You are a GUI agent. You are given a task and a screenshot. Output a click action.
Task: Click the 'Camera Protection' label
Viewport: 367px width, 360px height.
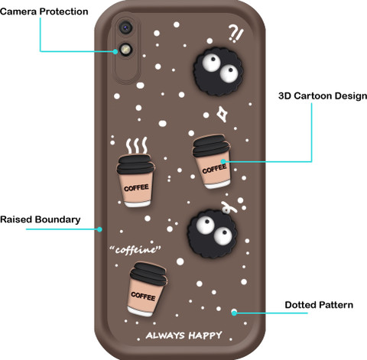(x=44, y=11)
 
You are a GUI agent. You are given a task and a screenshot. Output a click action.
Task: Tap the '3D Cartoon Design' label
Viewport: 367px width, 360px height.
(x=323, y=96)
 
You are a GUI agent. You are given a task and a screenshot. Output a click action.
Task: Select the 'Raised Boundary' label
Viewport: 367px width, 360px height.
(x=41, y=219)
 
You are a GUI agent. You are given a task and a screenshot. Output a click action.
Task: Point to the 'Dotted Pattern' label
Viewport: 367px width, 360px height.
(x=319, y=305)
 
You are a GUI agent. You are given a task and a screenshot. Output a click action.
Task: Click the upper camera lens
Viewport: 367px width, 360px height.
(x=125, y=27)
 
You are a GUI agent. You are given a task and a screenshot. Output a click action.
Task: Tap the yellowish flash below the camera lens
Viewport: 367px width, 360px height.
(x=125, y=50)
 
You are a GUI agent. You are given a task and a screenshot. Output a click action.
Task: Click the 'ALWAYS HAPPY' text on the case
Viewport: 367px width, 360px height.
(x=183, y=336)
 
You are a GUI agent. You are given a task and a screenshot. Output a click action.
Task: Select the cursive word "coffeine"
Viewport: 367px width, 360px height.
(x=135, y=250)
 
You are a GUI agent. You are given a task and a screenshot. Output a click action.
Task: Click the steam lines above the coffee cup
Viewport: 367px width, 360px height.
(x=137, y=145)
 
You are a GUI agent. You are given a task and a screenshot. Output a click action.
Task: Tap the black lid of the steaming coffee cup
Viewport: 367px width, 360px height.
(x=135, y=164)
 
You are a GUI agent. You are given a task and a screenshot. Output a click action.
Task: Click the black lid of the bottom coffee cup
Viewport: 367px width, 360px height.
(x=148, y=274)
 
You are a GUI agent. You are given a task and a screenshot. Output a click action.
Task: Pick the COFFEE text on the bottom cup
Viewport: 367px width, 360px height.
(x=143, y=296)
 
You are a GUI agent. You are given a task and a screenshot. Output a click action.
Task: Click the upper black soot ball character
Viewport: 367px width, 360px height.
(x=217, y=72)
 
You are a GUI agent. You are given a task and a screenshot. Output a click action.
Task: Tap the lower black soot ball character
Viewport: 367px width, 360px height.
(x=212, y=233)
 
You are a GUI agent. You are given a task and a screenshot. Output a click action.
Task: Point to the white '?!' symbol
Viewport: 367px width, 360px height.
(x=235, y=33)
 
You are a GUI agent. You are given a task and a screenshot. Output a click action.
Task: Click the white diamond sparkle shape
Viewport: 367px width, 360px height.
(x=222, y=114)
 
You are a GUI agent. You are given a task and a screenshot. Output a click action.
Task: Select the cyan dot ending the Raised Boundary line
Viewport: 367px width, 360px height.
(x=100, y=229)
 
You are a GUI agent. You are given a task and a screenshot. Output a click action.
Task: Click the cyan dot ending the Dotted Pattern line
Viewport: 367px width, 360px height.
(x=234, y=313)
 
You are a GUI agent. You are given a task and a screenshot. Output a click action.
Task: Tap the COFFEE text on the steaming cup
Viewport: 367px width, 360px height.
(x=136, y=188)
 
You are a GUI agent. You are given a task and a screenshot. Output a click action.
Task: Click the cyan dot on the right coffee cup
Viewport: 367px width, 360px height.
(x=223, y=161)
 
